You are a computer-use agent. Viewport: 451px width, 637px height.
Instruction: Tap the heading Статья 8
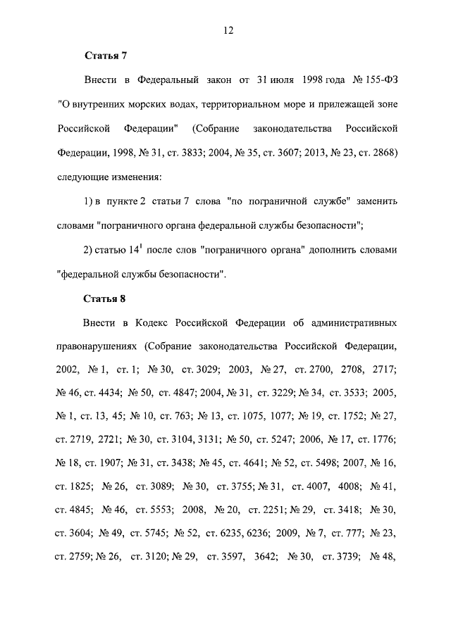(104, 298)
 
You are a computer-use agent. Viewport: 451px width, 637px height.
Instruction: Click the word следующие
(83, 176)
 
